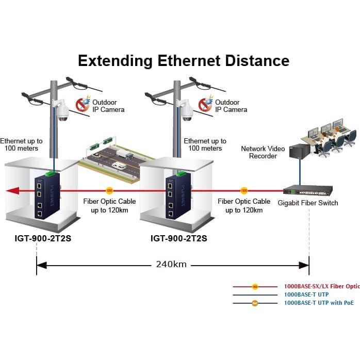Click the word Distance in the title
[x=257, y=61]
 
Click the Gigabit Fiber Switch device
[x=308, y=190]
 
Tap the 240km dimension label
[x=171, y=264]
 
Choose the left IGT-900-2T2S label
[x=43, y=238]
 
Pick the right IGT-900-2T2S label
[x=179, y=238]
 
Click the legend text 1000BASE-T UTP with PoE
[x=319, y=303]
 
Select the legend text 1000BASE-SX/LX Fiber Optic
[x=322, y=286]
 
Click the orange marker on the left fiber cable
[x=109, y=190]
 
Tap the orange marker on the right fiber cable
[x=244, y=190]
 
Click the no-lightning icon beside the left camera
[x=83, y=104]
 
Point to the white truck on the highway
[x=124, y=154]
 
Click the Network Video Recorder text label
[x=263, y=152]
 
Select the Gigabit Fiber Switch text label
[x=308, y=203]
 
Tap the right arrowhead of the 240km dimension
[x=304, y=266]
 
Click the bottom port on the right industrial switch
[x=171, y=214]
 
